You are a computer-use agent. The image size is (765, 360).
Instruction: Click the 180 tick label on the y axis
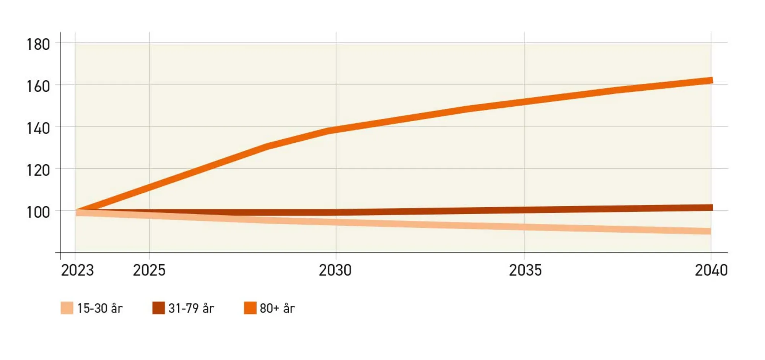tap(38, 45)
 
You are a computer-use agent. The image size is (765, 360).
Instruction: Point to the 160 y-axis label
tap(38, 86)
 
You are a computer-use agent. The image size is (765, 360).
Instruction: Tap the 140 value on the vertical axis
tap(38, 129)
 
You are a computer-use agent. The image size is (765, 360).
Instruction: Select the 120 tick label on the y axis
tap(38, 170)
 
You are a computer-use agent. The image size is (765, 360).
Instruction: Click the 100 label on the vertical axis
tap(38, 212)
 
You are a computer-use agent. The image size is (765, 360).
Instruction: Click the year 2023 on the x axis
tap(77, 270)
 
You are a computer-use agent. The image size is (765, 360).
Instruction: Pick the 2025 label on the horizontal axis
tap(149, 270)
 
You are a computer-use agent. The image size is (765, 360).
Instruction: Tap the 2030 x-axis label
tap(335, 270)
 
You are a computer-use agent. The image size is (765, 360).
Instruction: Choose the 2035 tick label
tap(525, 270)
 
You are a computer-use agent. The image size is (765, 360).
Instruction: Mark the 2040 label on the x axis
tap(711, 270)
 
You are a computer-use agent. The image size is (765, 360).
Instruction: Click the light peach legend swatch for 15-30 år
tap(67, 308)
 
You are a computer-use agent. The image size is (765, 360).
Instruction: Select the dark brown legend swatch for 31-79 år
tap(158, 308)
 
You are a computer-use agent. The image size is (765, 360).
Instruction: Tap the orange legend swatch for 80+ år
tap(250, 308)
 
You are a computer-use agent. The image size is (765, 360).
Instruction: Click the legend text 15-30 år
tap(100, 308)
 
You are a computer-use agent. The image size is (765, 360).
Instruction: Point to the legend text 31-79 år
tap(191, 308)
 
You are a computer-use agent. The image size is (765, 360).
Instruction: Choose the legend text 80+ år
tap(277, 308)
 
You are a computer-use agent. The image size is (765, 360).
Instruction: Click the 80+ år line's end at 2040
tap(711, 80)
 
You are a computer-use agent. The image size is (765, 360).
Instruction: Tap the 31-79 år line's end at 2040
tap(711, 208)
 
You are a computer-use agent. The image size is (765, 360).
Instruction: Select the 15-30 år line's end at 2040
tap(710, 231)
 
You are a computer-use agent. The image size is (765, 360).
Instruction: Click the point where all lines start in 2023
tap(78, 211)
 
